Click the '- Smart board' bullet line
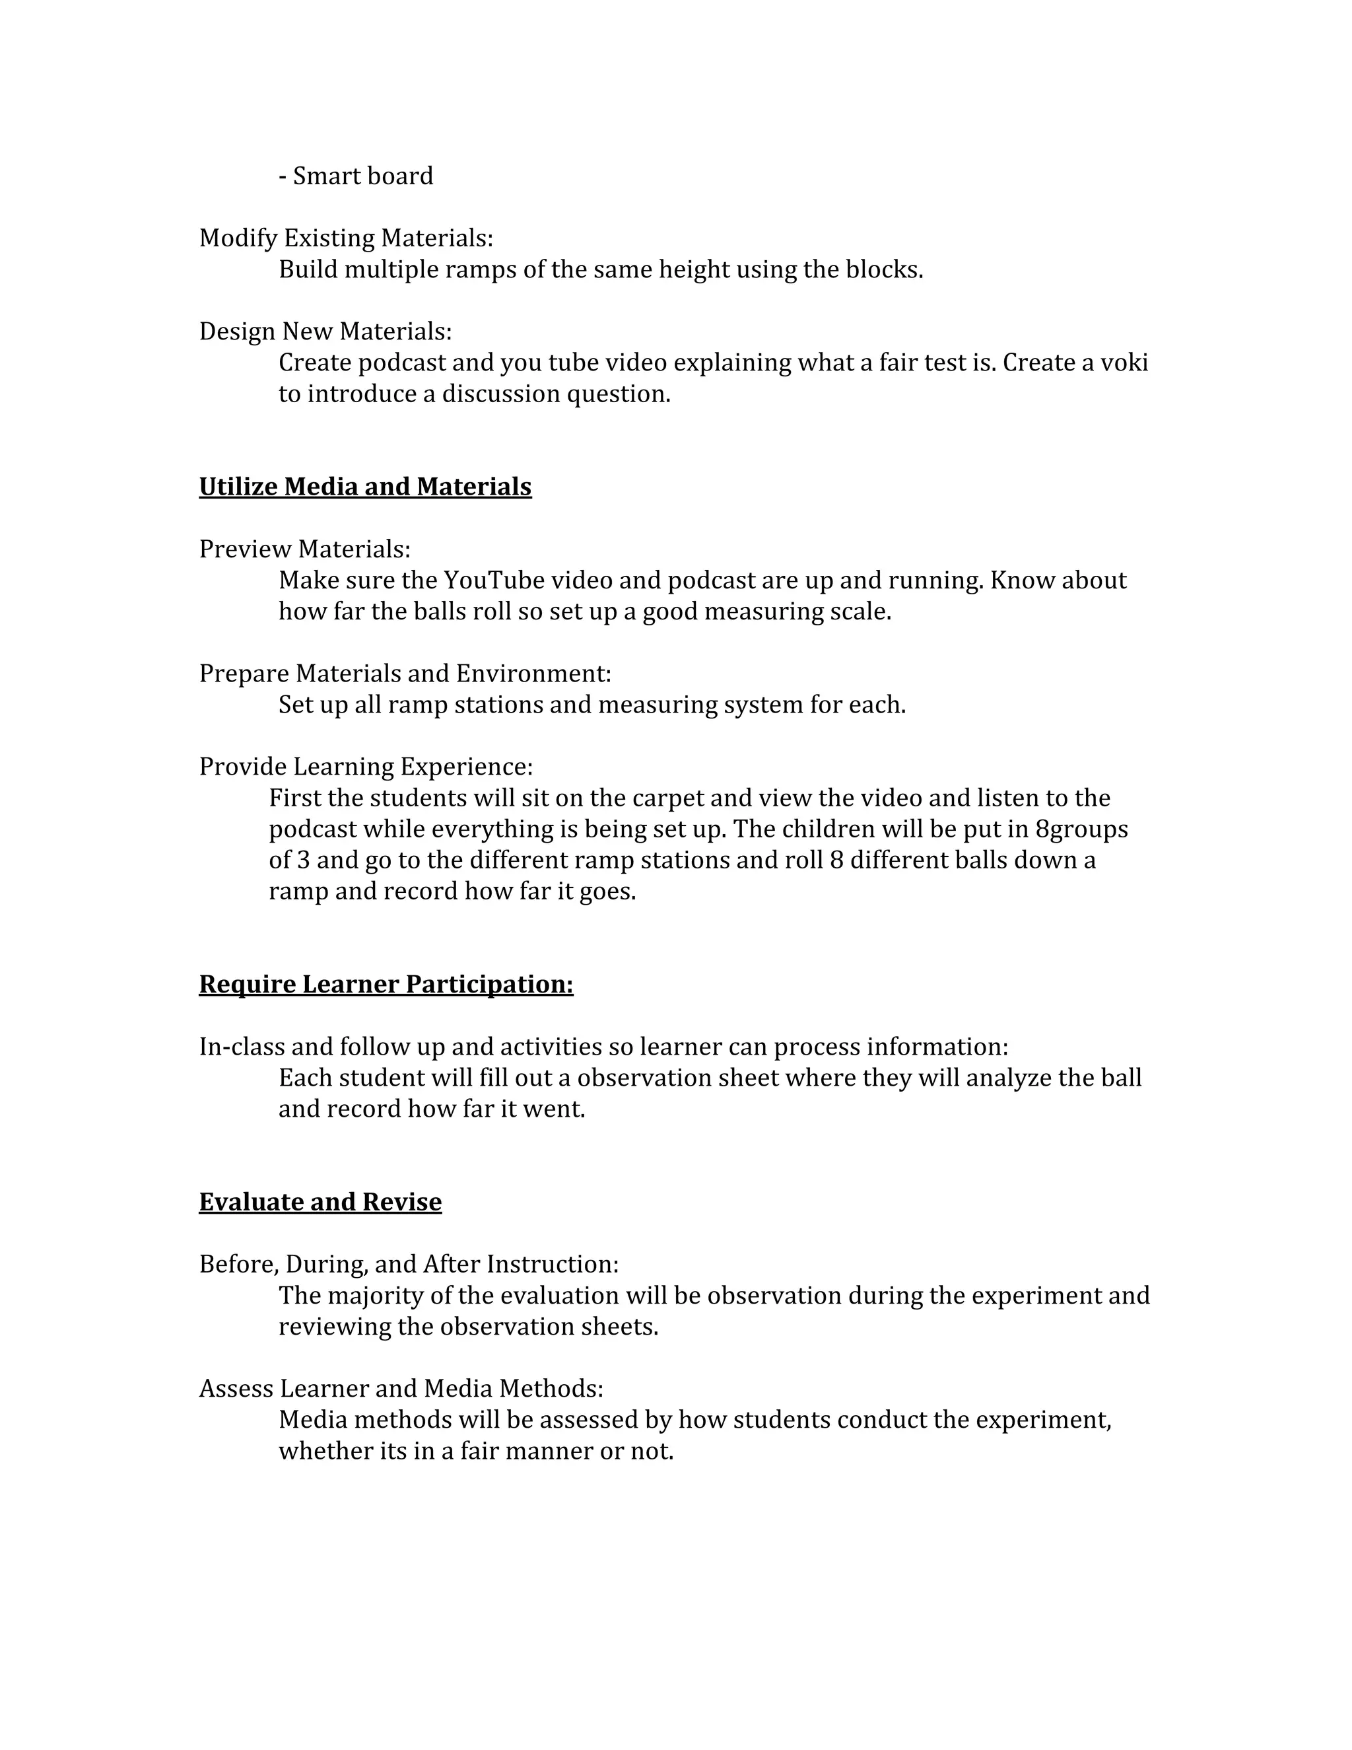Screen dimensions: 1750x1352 click(356, 176)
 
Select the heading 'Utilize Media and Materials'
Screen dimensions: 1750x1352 click(365, 487)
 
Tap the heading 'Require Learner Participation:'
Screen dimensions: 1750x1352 click(386, 984)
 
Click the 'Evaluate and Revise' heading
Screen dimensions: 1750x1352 click(320, 1202)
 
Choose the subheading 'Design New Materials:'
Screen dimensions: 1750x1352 click(325, 332)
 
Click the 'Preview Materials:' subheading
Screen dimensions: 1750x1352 click(304, 549)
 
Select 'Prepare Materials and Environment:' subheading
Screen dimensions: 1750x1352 click(405, 674)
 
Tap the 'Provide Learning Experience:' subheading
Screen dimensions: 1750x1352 click(365, 767)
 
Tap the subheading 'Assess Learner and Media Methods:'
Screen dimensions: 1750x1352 click(401, 1389)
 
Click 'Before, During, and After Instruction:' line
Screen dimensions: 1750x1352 click(409, 1265)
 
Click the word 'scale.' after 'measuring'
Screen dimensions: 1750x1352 click(866, 612)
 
